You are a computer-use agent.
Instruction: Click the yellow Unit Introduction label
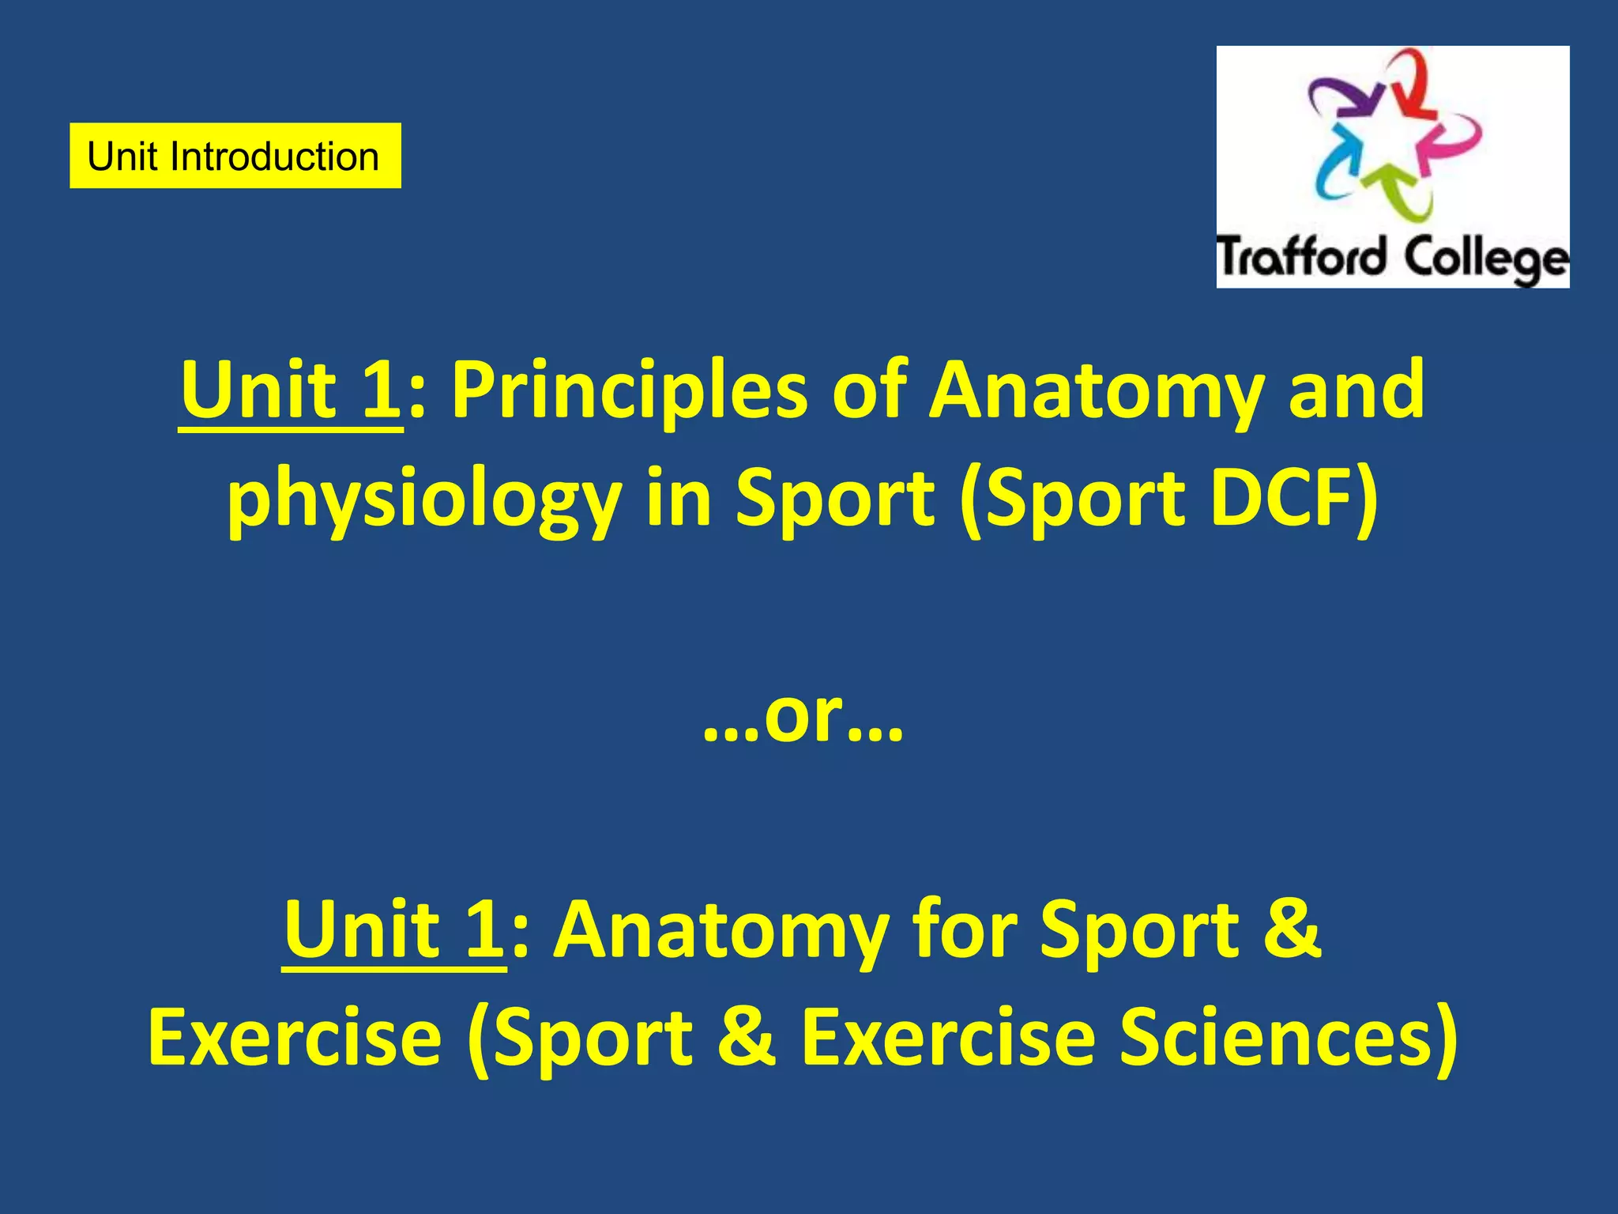pos(235,156)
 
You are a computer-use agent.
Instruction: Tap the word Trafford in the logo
pos(1300,258)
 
